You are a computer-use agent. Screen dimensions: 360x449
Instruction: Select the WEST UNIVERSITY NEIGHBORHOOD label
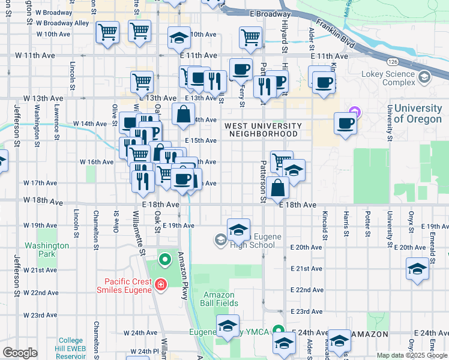tap(263, 130)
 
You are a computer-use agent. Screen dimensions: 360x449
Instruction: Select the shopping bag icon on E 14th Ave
tap(184, 113)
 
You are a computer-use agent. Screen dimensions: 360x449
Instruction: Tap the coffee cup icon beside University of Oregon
tap(345, 124)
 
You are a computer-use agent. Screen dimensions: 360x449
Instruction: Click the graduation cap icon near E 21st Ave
tap(417, 268)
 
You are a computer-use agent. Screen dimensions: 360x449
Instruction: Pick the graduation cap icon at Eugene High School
tap(238, 229)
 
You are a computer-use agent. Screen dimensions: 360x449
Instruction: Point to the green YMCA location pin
tap(278, 331)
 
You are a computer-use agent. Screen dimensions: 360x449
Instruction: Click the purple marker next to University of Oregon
tap(355, 112)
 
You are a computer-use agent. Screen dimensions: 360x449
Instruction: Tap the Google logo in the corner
tap(20, 353)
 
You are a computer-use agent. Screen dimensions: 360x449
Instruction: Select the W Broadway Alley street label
tap(63, 23)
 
